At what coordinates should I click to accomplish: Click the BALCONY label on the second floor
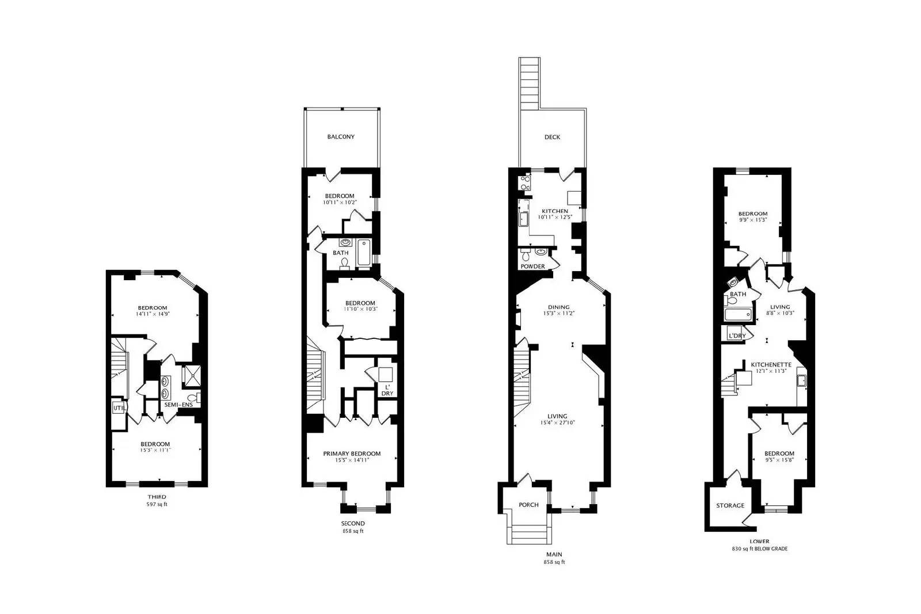(x=341, y=137)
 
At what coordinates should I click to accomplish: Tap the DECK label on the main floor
(x=552, y=137)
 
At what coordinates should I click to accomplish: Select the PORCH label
(x=528, y=505)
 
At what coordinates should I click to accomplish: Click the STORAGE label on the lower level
(x=730, y=506)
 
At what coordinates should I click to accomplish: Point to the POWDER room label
(x=532, y=266)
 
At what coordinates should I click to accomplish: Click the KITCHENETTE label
(x=771, y=365)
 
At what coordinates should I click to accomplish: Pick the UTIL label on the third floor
(x=119, y=408)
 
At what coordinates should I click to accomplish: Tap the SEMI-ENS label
(x=178, y=405)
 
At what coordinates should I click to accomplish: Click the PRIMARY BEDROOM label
(x=352, y=453)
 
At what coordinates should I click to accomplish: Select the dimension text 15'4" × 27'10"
(x=557, y=423)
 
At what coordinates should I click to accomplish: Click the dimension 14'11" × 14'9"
(x=153, y=314)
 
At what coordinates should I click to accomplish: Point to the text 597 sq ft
(x=157, y=504)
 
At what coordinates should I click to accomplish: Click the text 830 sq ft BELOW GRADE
(x=759, y=548)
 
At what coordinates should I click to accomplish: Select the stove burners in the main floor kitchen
(x=525, y=183)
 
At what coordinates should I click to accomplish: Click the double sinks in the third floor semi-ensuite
(x=166, y=387)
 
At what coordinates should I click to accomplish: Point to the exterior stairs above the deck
(x=529, y=82)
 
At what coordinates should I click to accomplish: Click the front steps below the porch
(x=528, y=529)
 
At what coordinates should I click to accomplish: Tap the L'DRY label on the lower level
(x=737, y=335)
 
